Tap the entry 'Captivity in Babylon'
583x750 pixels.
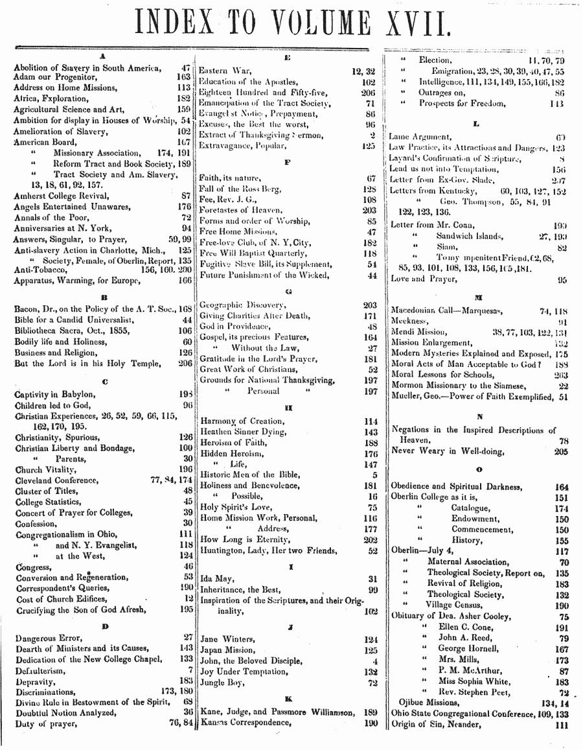coord(55,394)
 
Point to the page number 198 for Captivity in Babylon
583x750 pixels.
coord(186,394)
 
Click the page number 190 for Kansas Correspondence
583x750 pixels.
coord(371,722)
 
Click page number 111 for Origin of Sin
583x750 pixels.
coord(561,725)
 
